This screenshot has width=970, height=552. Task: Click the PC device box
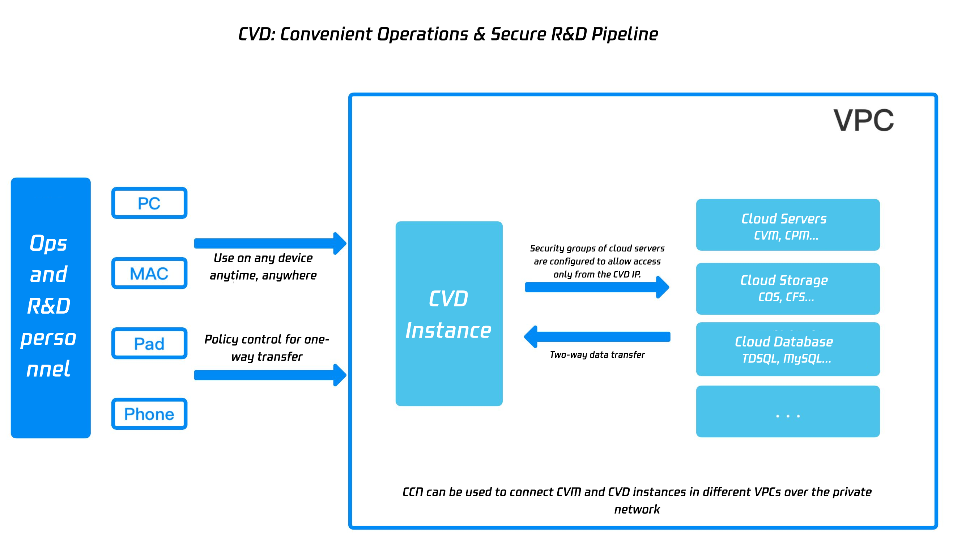(x=149, y=203)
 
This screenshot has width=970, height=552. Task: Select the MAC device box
(x=149, y=273)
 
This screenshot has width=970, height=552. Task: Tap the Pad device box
(x=149, y=344)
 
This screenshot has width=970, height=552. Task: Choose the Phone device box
(x=149, y=413)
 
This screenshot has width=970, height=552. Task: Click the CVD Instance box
(x=448, y=314)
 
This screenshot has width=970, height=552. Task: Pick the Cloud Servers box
(x=787, y=225)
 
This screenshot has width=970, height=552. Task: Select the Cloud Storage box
(x=787, y=289)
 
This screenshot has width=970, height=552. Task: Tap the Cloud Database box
(x=787, y=349)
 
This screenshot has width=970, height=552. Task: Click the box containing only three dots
(x=787, y=411)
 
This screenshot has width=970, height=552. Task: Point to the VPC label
(x=863, y=120)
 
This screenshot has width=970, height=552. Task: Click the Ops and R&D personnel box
(x=50, y=307)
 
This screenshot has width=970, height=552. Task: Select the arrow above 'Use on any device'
(x=269, y=243)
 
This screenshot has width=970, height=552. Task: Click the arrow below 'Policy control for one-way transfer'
(x=269, y=375)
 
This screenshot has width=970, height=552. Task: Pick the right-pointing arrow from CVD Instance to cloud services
(x=596, y=287)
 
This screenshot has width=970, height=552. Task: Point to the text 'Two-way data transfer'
(x=597, y=355)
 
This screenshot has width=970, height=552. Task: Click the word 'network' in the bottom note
(x=637, y=509)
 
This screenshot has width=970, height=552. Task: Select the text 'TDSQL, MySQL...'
(x=786, y=358)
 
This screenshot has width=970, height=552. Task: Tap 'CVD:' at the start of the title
(x=256, y=34)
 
